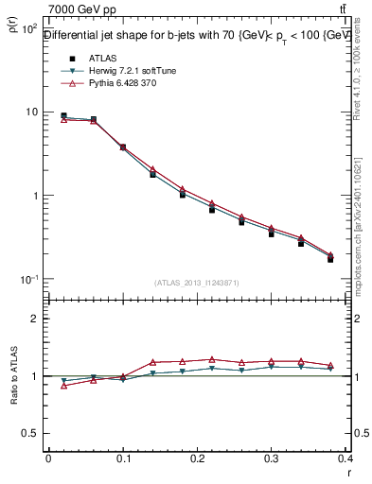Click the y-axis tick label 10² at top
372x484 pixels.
[29, 29]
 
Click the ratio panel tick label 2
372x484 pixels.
[35, 319]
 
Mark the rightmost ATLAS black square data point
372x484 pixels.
[330, 258]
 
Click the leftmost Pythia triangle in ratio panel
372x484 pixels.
[63, 386]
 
